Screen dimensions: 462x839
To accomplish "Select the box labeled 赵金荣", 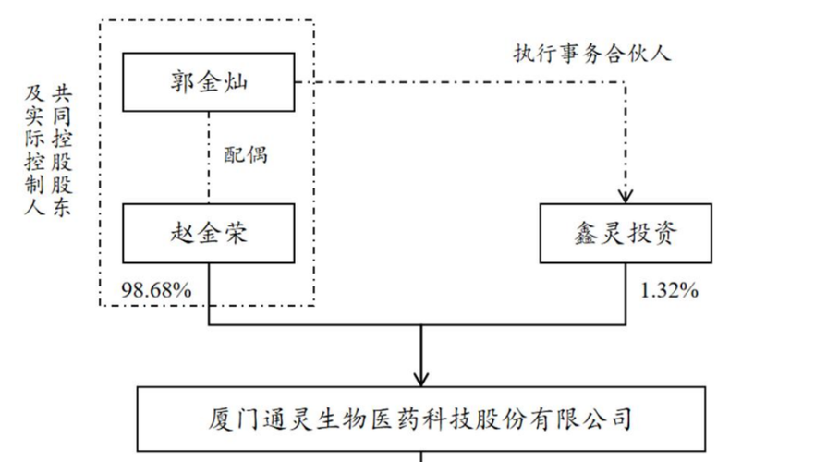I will (209, 233).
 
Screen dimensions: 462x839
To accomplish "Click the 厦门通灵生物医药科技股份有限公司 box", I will (420, 418).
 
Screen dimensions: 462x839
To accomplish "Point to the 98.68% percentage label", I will (156, 291).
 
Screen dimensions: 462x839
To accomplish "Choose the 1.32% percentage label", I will (668, 291).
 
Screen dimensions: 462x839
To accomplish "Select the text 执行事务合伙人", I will (592, 53).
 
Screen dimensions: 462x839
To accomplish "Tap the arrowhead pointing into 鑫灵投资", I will (626, 195).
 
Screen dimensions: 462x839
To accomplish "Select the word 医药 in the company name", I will (408, 418).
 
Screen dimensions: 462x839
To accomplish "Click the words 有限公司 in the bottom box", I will (586, 418).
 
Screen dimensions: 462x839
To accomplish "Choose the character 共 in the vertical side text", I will (62, 92).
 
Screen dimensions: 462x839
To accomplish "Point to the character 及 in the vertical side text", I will (35, 92).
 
